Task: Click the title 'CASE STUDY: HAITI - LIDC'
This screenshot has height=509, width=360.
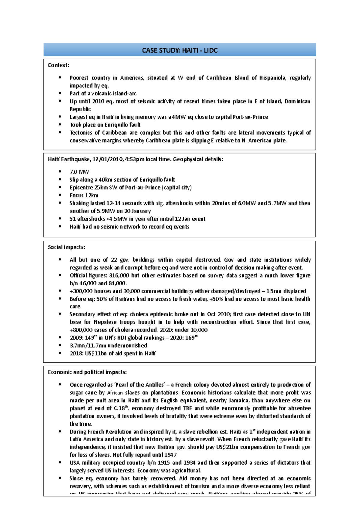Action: [x=180, y=50]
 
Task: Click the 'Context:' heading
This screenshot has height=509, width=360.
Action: [x=58, y=65]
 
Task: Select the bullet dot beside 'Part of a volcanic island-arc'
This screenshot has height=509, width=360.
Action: [x=60, y=93]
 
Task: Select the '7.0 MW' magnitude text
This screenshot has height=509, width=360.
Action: [x=79, y=172]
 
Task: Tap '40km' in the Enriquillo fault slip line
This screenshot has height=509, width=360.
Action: [x=105, y=180]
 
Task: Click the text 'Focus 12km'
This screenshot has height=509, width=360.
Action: [x=84, y=195]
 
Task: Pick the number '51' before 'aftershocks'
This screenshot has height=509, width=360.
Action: [x=73, y=219]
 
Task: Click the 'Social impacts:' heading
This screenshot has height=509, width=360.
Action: [x=67, y=247]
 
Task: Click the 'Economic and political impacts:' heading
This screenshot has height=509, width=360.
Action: [x=87, y=372]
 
